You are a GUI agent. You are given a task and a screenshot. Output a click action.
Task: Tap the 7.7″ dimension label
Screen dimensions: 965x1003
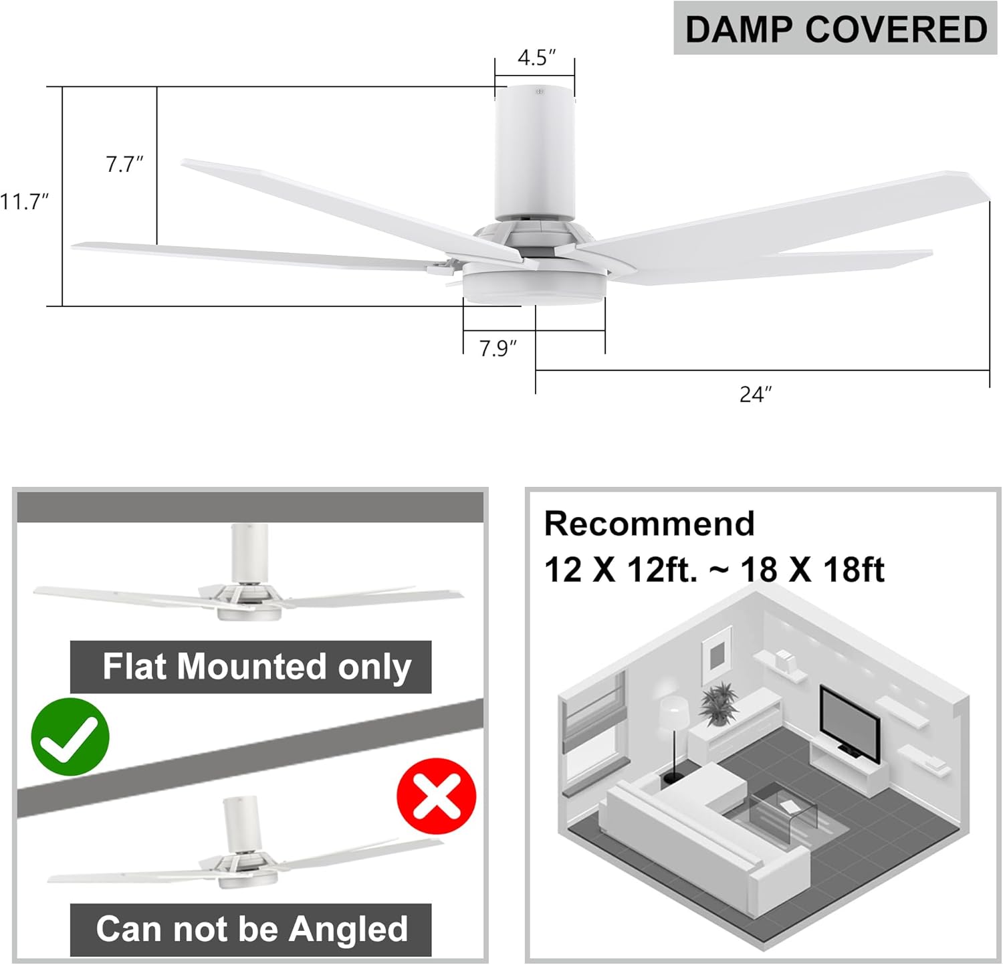124,164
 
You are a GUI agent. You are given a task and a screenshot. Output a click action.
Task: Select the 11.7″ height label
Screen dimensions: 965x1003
25,201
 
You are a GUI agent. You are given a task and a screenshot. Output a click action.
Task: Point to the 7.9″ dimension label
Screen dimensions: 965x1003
497,348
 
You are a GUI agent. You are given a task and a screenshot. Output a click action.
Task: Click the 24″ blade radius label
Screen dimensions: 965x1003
755,395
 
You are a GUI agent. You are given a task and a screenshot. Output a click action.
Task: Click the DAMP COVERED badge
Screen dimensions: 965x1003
836,29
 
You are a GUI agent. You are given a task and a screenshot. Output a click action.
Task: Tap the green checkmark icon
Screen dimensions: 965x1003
70,737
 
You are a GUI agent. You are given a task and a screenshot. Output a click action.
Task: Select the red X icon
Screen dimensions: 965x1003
436,796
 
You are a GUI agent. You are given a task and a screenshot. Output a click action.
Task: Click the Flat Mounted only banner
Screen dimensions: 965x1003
251,667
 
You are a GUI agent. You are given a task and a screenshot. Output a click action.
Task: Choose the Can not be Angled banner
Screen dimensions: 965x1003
251,929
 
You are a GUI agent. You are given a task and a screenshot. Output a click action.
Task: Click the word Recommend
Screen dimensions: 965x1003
649,524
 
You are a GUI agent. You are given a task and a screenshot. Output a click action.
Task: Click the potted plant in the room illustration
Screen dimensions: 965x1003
719,704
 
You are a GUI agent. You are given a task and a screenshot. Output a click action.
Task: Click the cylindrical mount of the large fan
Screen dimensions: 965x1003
534,154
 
